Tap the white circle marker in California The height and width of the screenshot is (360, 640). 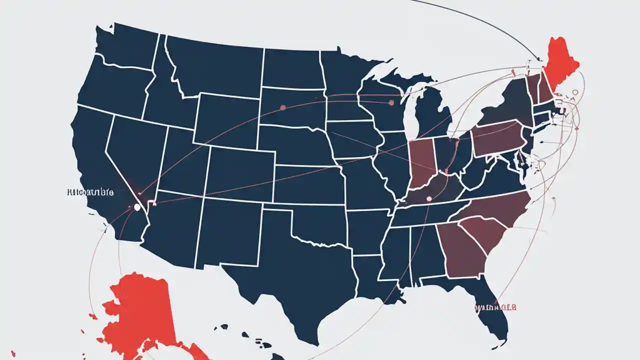click(136, 207)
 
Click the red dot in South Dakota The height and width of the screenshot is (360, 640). click(283, 107)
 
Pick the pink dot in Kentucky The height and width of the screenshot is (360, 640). click(428, 198)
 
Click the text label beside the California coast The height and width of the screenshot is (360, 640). click(89, 192)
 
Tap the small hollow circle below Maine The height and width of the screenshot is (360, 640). click(574, 92)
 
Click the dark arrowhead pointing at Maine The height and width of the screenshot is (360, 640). click(538, 58)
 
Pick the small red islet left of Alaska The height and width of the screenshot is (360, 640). click(92, 316)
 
